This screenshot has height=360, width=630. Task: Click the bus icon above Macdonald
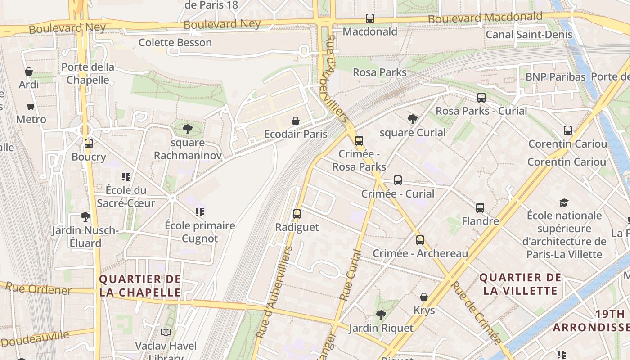(x=369, y=18)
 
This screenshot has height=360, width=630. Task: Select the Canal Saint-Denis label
(x=529, y=35)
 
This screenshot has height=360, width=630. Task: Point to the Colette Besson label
(x=175, y=43)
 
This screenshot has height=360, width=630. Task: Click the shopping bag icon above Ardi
(x=29, y=72)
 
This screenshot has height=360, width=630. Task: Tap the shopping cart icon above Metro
(x=31, y=107)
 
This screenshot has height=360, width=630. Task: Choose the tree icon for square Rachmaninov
(x=187, y=130)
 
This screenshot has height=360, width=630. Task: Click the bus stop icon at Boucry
(x=89, y=144)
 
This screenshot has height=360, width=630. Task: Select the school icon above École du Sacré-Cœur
(x=126, y=177)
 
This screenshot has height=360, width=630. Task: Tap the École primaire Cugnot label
(x=200, y=232)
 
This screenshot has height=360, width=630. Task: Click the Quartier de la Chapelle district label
(x=140, y=286)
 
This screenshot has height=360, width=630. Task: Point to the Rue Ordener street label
(x=38, y=288)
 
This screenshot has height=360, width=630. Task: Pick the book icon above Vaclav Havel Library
(x=166, y=333)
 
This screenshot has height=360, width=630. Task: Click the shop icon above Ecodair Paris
(x=296, y=121)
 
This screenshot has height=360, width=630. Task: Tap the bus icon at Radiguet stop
(x=297, y=214)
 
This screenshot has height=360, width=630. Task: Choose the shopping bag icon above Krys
(x=424, y=297)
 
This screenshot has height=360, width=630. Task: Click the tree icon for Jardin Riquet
(x=381, y=315)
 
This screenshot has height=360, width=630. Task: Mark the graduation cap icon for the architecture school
(x=564, y=202)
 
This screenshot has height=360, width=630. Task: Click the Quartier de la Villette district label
(x=521, y=284)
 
